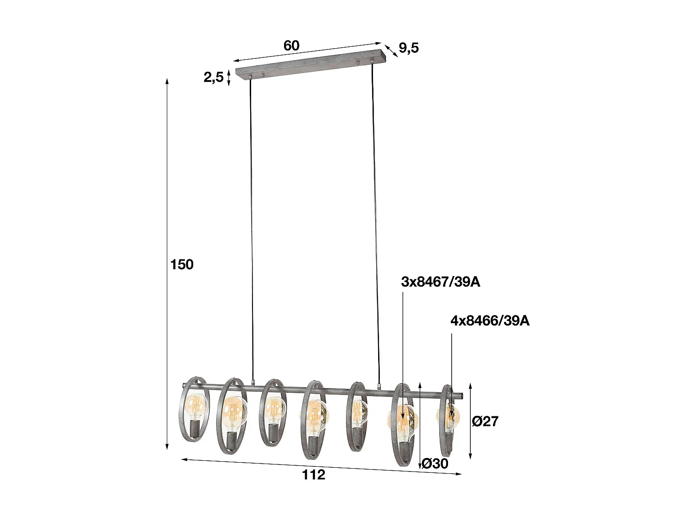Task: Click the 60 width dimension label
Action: [x=291, y=45]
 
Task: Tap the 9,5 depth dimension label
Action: [x=409, y=48]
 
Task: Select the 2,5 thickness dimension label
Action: [x=214, y=77]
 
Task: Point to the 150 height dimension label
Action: [x=182, y=264]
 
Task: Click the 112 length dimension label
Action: [x=314, y=475]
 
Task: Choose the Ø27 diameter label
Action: [x=485, y=421]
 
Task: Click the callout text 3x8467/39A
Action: [x=441, y=282]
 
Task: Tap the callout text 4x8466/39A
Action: [x=490, y=320]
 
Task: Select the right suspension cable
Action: [x=375, y=222]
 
